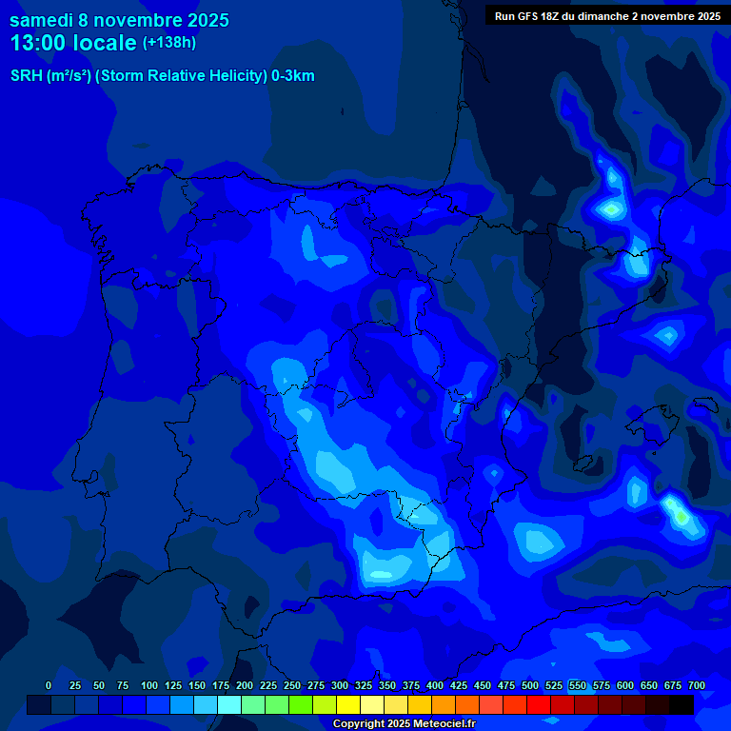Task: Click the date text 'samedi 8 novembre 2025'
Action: [119, 20]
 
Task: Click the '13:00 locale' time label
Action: [74, 43]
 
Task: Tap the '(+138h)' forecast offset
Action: [169, 43]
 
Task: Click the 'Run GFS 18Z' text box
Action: [607, 15]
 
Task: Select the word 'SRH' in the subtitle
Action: [26, 76]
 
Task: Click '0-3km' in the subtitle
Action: [293, 76]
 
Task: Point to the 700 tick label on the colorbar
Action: [696, 685]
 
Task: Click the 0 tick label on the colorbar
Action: [48, 685]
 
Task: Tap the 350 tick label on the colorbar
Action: [386, 685]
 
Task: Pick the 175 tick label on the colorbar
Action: [220, 685]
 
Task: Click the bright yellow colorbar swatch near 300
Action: [348, 705]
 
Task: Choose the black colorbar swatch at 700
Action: [682, 705]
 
